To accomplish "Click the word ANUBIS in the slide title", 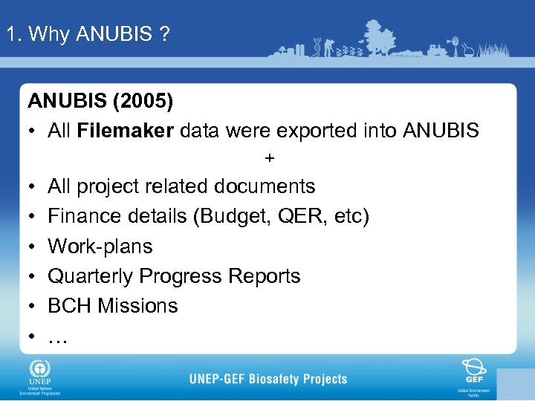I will point(114,34).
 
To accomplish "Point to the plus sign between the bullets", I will point(269,158).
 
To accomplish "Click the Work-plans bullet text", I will point(100,247).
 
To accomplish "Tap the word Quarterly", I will point(91,276).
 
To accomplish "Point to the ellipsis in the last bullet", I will point(57,339).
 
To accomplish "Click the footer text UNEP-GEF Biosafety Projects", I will point(268,379).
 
